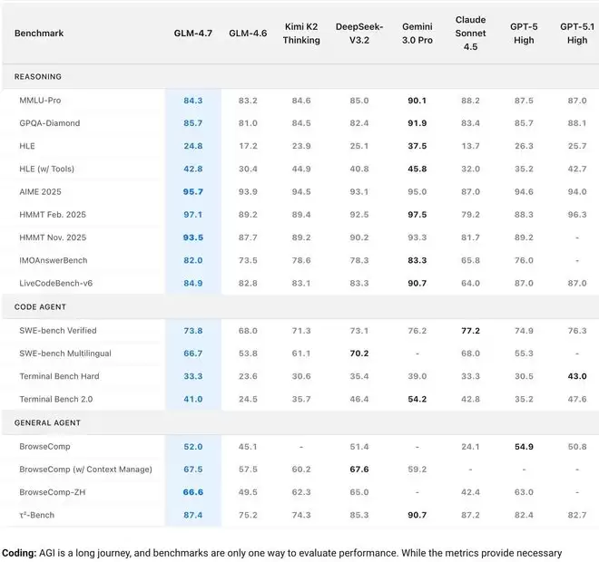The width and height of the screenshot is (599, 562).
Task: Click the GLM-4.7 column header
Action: tap(192, 34)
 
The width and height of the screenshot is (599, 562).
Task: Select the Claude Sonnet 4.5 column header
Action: tap(471, 34)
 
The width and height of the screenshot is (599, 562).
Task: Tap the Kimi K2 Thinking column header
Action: tap(301, 34)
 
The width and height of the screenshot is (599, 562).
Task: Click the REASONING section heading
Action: tap(39, 77)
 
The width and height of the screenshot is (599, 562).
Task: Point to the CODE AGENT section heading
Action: tap(41, 307)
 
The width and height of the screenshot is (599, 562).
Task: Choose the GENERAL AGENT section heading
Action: tap(47, 422)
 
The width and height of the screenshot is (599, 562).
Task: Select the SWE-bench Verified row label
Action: tap(58, 330)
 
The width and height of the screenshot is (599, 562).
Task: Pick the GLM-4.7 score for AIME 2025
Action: tap(192, 192)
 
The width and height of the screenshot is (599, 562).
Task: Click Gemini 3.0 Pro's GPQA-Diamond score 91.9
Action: tap(417, 122)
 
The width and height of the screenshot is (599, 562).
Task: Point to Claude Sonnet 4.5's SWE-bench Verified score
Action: tap(471, 330)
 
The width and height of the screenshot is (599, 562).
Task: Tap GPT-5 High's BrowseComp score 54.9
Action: tap(524, 446)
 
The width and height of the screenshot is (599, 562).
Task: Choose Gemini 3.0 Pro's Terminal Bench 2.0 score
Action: tap(417, 400)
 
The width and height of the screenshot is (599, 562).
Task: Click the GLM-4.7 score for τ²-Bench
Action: tap(192, 515)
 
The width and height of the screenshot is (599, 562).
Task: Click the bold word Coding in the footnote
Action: tap(19, 553)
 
